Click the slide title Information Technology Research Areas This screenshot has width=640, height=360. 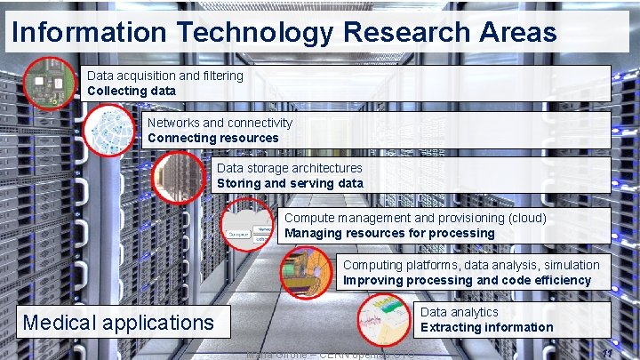coord(284,33)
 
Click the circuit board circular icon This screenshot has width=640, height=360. coord(48,84)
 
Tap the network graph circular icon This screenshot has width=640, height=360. coord(109,129)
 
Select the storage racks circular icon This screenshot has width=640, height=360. coord(178,176)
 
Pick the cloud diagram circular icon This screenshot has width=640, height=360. coord(246,226)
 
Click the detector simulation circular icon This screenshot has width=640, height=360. coord(306,272)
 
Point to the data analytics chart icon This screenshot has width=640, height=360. coord(383,321)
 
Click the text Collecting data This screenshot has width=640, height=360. coord(131,91)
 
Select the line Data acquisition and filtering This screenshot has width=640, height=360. coord(164,76)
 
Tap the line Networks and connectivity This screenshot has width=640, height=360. coord(220,123)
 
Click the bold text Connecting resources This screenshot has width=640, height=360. coord(212,138)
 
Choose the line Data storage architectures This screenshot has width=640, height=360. coord(290,168)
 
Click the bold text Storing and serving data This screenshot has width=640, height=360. coord(290,183)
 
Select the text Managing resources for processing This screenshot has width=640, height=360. coord(389,233)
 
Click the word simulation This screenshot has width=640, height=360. coord(569,265)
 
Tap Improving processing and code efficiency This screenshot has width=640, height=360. coord(467,280)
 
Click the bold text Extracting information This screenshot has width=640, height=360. coord(486,327)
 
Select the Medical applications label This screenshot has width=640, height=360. coord(118,322)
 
